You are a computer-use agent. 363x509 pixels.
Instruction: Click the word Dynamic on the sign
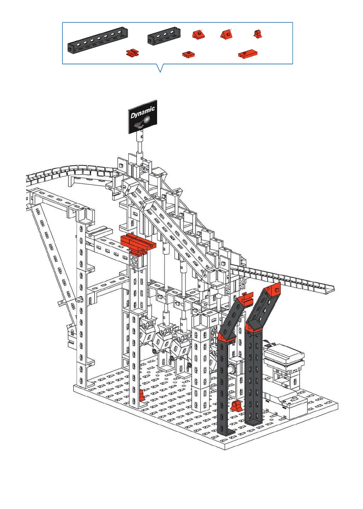point(143,112)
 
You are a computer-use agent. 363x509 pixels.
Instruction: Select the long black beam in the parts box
point(98,41)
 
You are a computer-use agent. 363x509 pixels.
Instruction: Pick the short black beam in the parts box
point(164,36)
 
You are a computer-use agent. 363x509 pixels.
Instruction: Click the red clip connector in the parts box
point(132,53)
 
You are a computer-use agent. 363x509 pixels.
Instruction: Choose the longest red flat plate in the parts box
point(248,54)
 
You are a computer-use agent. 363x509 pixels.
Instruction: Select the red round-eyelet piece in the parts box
point(258,34)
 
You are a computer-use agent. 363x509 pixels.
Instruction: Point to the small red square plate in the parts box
point(188,54)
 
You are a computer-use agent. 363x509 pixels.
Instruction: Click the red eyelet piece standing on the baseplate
point(236,406)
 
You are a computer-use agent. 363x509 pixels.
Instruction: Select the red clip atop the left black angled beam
point(247,298)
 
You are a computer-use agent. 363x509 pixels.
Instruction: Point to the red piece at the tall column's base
point(142,396)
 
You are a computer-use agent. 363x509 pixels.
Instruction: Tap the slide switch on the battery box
point(294,400)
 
